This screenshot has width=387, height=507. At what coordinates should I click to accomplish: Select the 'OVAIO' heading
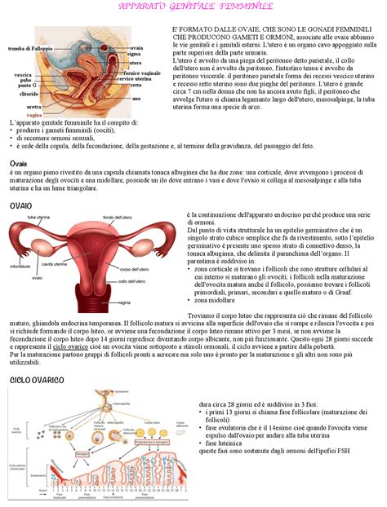click(20, 207)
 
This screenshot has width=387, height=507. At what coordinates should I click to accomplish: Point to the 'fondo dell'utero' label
click(119, 218)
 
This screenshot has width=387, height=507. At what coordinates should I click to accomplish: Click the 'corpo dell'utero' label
click(134, 268)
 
